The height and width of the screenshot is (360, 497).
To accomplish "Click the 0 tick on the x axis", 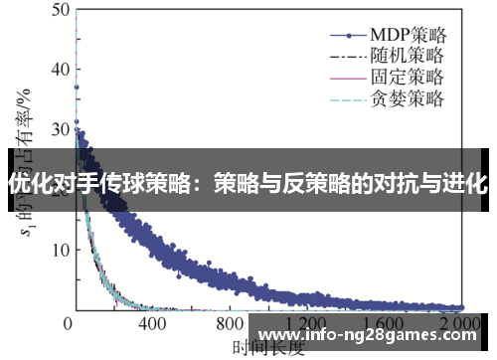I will coord(68,324).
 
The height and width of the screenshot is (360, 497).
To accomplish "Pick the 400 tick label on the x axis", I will coord(151,324).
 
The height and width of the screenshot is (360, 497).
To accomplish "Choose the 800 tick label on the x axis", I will coord(231,324).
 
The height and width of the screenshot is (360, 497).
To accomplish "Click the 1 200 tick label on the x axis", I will coord(306,324).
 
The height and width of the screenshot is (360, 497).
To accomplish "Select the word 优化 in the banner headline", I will coord(25,184).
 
